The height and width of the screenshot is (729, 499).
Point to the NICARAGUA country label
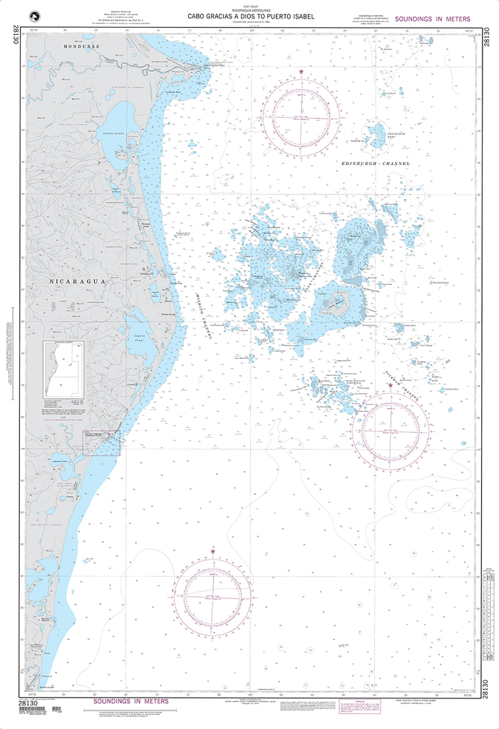point(78,281)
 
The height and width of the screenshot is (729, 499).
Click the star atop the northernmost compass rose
point(301,72)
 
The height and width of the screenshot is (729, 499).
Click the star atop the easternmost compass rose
point(390,385)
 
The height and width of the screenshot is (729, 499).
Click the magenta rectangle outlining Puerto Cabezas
point(102,442)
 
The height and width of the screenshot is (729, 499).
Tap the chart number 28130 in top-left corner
point(15,36)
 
